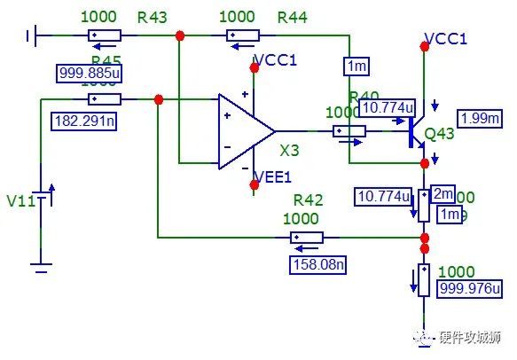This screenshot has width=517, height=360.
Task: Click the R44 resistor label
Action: click(293, 17)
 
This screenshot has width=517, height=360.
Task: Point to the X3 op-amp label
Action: click(290, 150)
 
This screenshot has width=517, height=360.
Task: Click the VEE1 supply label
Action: click(271, 177)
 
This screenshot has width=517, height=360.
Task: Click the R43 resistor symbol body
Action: click(105, 35)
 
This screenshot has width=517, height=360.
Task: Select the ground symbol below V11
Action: click(41, 262)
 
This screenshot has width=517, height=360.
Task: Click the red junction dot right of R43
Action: click(180, 35)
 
